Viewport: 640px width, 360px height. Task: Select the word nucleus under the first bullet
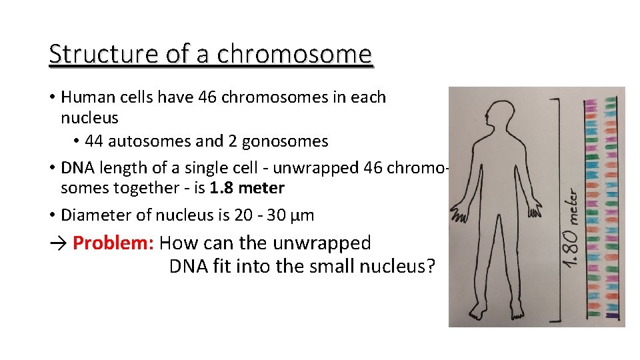pos(89,118)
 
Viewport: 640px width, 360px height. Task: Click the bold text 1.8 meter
pos(247,188)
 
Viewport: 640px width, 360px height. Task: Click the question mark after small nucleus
pos(431,267)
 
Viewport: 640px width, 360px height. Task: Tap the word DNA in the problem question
pos(189,267)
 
